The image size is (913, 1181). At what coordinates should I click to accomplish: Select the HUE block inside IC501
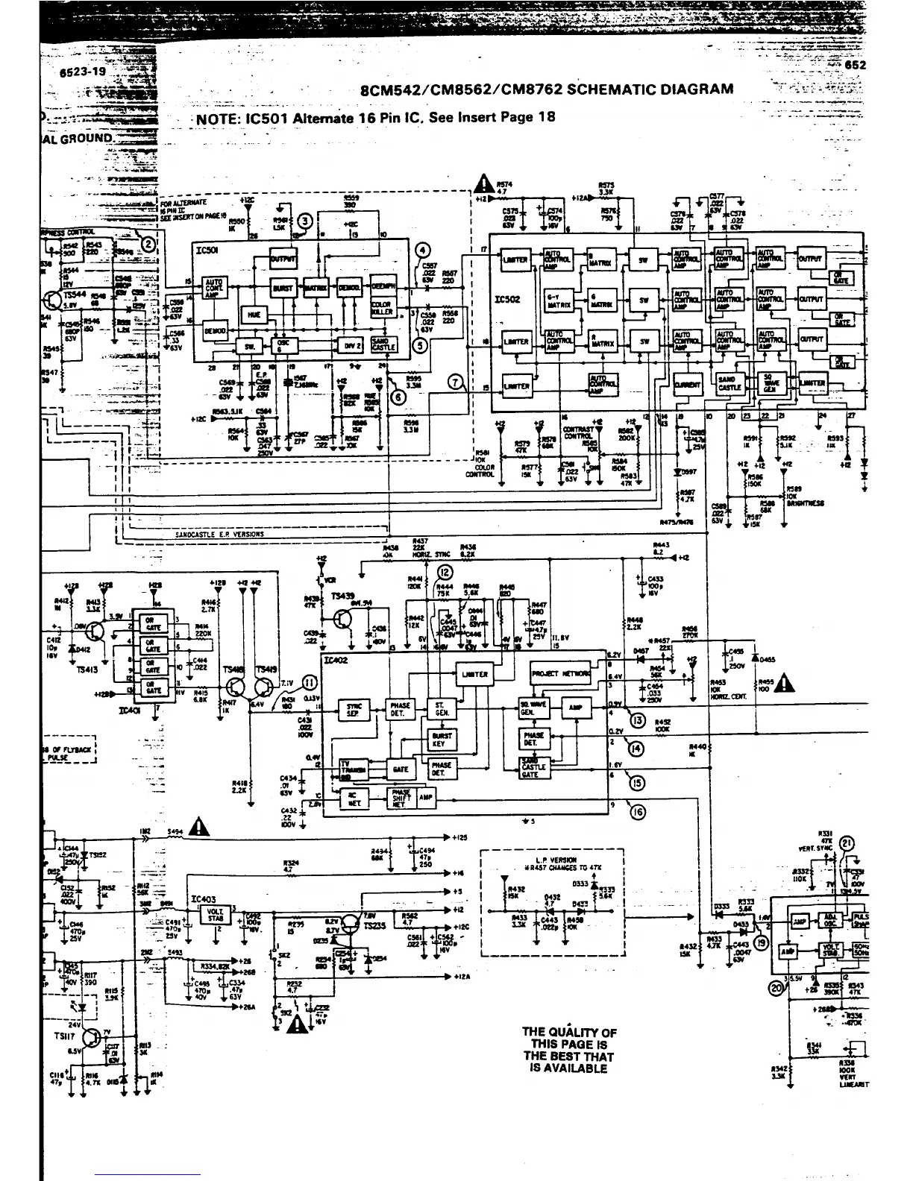pyautogui.click(x=254, y=315)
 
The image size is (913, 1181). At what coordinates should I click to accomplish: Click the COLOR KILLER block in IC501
pyautogui.click(x=381, y=308)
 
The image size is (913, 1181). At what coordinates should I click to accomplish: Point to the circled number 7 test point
pyautogui.click(x=455, y=383)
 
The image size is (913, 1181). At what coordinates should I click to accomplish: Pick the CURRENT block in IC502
pyautogui.click(x=687, y=385)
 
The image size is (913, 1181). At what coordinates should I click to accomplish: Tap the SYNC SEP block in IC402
pyautogui.click(x=354, y=709)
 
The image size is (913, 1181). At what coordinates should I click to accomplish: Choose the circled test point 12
pyautogui.click(x=445, y=573)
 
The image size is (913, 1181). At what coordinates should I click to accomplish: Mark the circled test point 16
pyautogui.click(x=638, y=813)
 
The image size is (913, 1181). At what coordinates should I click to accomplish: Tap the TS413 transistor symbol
pyautogui.click(x=95, y=632)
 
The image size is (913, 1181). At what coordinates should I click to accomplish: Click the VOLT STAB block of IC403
pyautogui.click(x=215, y=914)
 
